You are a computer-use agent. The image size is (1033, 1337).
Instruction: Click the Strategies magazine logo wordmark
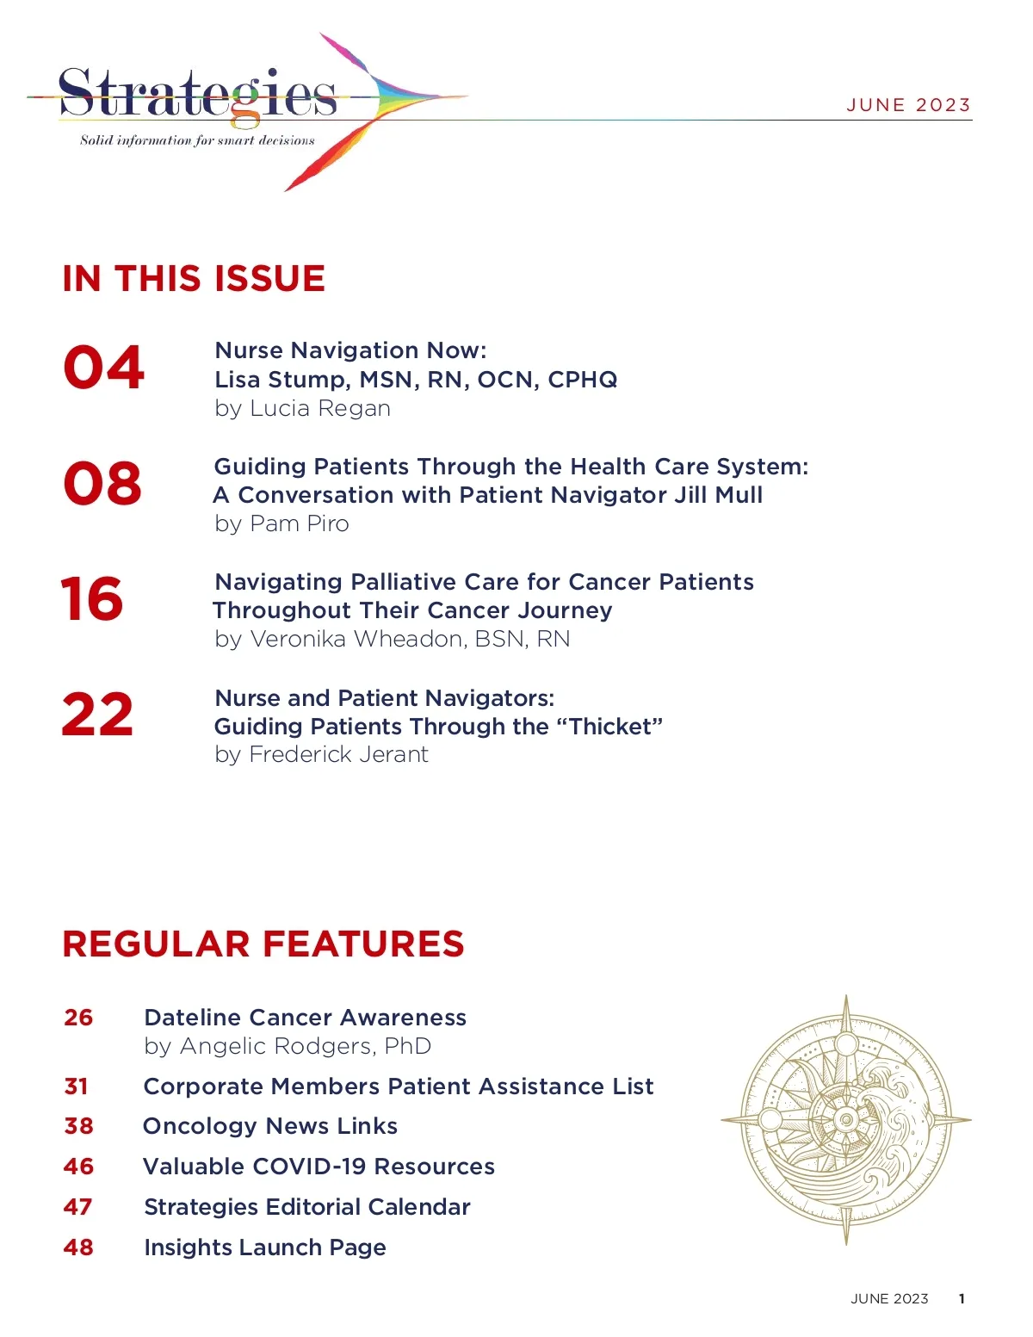tap(198, 95)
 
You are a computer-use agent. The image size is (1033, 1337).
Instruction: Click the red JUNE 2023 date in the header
tap(908, 105)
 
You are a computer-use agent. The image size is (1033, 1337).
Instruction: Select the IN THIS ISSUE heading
tap(194, 279)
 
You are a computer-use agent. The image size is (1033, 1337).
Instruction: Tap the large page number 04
tap(103, 368)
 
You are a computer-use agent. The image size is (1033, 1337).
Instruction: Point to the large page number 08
tap(102, 483)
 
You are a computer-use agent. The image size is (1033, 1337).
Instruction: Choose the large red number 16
tap(92, 598)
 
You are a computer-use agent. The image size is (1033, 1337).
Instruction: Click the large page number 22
tap(97, 715)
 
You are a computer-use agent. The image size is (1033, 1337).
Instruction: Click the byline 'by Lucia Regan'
tap(302, 408)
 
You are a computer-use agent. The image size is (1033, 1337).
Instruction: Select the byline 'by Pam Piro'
tap(281, 523)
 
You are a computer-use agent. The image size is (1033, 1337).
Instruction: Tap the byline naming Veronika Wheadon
tap(392, 639)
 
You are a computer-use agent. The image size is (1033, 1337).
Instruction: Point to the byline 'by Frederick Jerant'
tap(321, 754)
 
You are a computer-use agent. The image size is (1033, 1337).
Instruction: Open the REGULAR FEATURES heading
tap(263, 944)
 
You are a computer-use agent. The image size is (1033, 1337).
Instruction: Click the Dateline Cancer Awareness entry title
tap(305, 1018)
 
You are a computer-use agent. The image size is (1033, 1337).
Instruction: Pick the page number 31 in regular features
tap(77, 1086)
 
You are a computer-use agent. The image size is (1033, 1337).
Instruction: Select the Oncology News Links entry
tap(270, 1126)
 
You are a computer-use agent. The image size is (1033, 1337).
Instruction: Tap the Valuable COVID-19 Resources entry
tap(319, 1167)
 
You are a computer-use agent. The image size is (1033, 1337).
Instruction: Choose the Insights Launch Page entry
tap(265, 1247)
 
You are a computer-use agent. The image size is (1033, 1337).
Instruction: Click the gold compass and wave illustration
tap(845, 1119)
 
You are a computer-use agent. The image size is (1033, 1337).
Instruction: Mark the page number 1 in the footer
tap(962, 1299)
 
